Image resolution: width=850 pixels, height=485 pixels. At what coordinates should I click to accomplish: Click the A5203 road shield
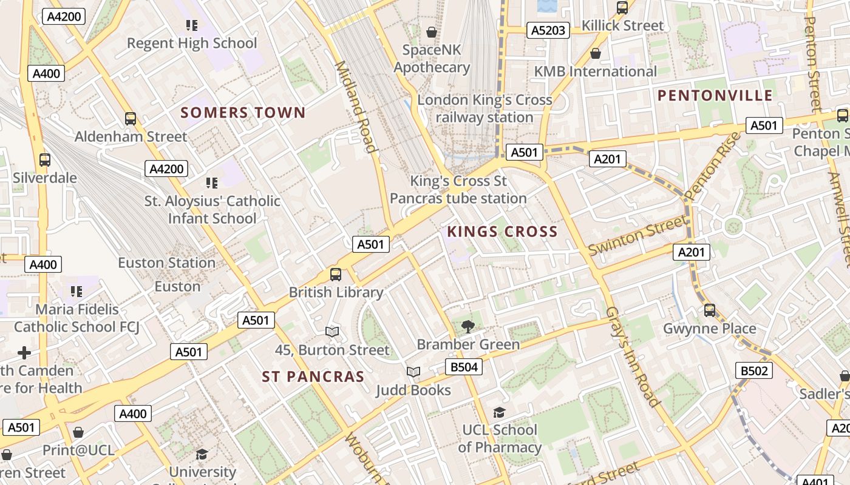coord(548,30)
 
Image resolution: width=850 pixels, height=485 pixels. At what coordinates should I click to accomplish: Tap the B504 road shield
coord(464,367)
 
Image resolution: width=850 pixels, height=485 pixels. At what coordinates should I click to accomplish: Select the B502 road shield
coord(754,370)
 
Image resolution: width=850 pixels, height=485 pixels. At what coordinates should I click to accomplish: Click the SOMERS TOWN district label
coord(243,113)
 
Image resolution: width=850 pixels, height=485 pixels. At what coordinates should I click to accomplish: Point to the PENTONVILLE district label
coord(715,95)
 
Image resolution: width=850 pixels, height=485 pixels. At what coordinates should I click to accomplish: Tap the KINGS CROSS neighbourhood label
coord(502,232)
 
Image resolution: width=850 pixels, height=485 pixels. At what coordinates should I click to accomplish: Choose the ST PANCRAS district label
coord(313,376)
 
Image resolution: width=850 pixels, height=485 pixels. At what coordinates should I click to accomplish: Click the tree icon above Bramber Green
coord(467,327)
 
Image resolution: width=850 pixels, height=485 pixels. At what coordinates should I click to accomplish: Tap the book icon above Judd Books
coord(413,372)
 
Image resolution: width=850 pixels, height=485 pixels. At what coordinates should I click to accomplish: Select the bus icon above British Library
coord(336,275)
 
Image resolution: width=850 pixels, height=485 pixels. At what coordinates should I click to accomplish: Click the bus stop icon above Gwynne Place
coord(710,310)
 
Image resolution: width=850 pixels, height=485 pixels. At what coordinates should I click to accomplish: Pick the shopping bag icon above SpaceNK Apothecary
coord(432,32)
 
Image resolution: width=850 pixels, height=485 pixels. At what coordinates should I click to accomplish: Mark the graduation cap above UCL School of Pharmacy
coord(499,412)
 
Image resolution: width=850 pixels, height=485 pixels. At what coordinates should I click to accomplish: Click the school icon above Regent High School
coord(192,25)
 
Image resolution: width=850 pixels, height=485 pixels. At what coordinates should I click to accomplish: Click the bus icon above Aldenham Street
coord(131,119)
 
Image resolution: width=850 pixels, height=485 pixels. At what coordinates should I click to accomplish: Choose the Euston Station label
coord(166,263)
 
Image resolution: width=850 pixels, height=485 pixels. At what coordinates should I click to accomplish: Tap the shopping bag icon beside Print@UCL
coord(78,432)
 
